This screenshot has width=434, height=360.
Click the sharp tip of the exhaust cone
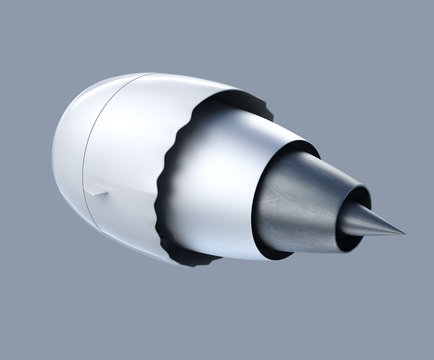[403, 234]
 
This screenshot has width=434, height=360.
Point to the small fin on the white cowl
[96, 190]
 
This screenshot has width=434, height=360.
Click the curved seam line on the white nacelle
[88, 150]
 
